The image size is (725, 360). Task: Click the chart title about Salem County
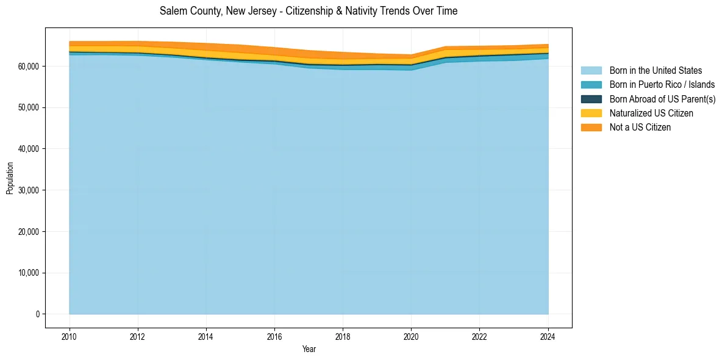tap(309, 11)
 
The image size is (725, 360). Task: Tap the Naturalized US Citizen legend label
tap(651, 113)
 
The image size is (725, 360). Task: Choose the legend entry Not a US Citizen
tap(640, 128)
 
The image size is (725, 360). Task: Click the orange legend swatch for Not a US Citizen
tap(591, 128)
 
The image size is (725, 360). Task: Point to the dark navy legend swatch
tap(591, 99)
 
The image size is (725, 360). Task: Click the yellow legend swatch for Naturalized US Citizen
tap(591, 113)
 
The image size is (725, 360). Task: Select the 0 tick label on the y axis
tap(37, 314)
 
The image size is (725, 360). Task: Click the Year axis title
tap(309, 349)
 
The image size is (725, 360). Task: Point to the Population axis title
tap(10, 178)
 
